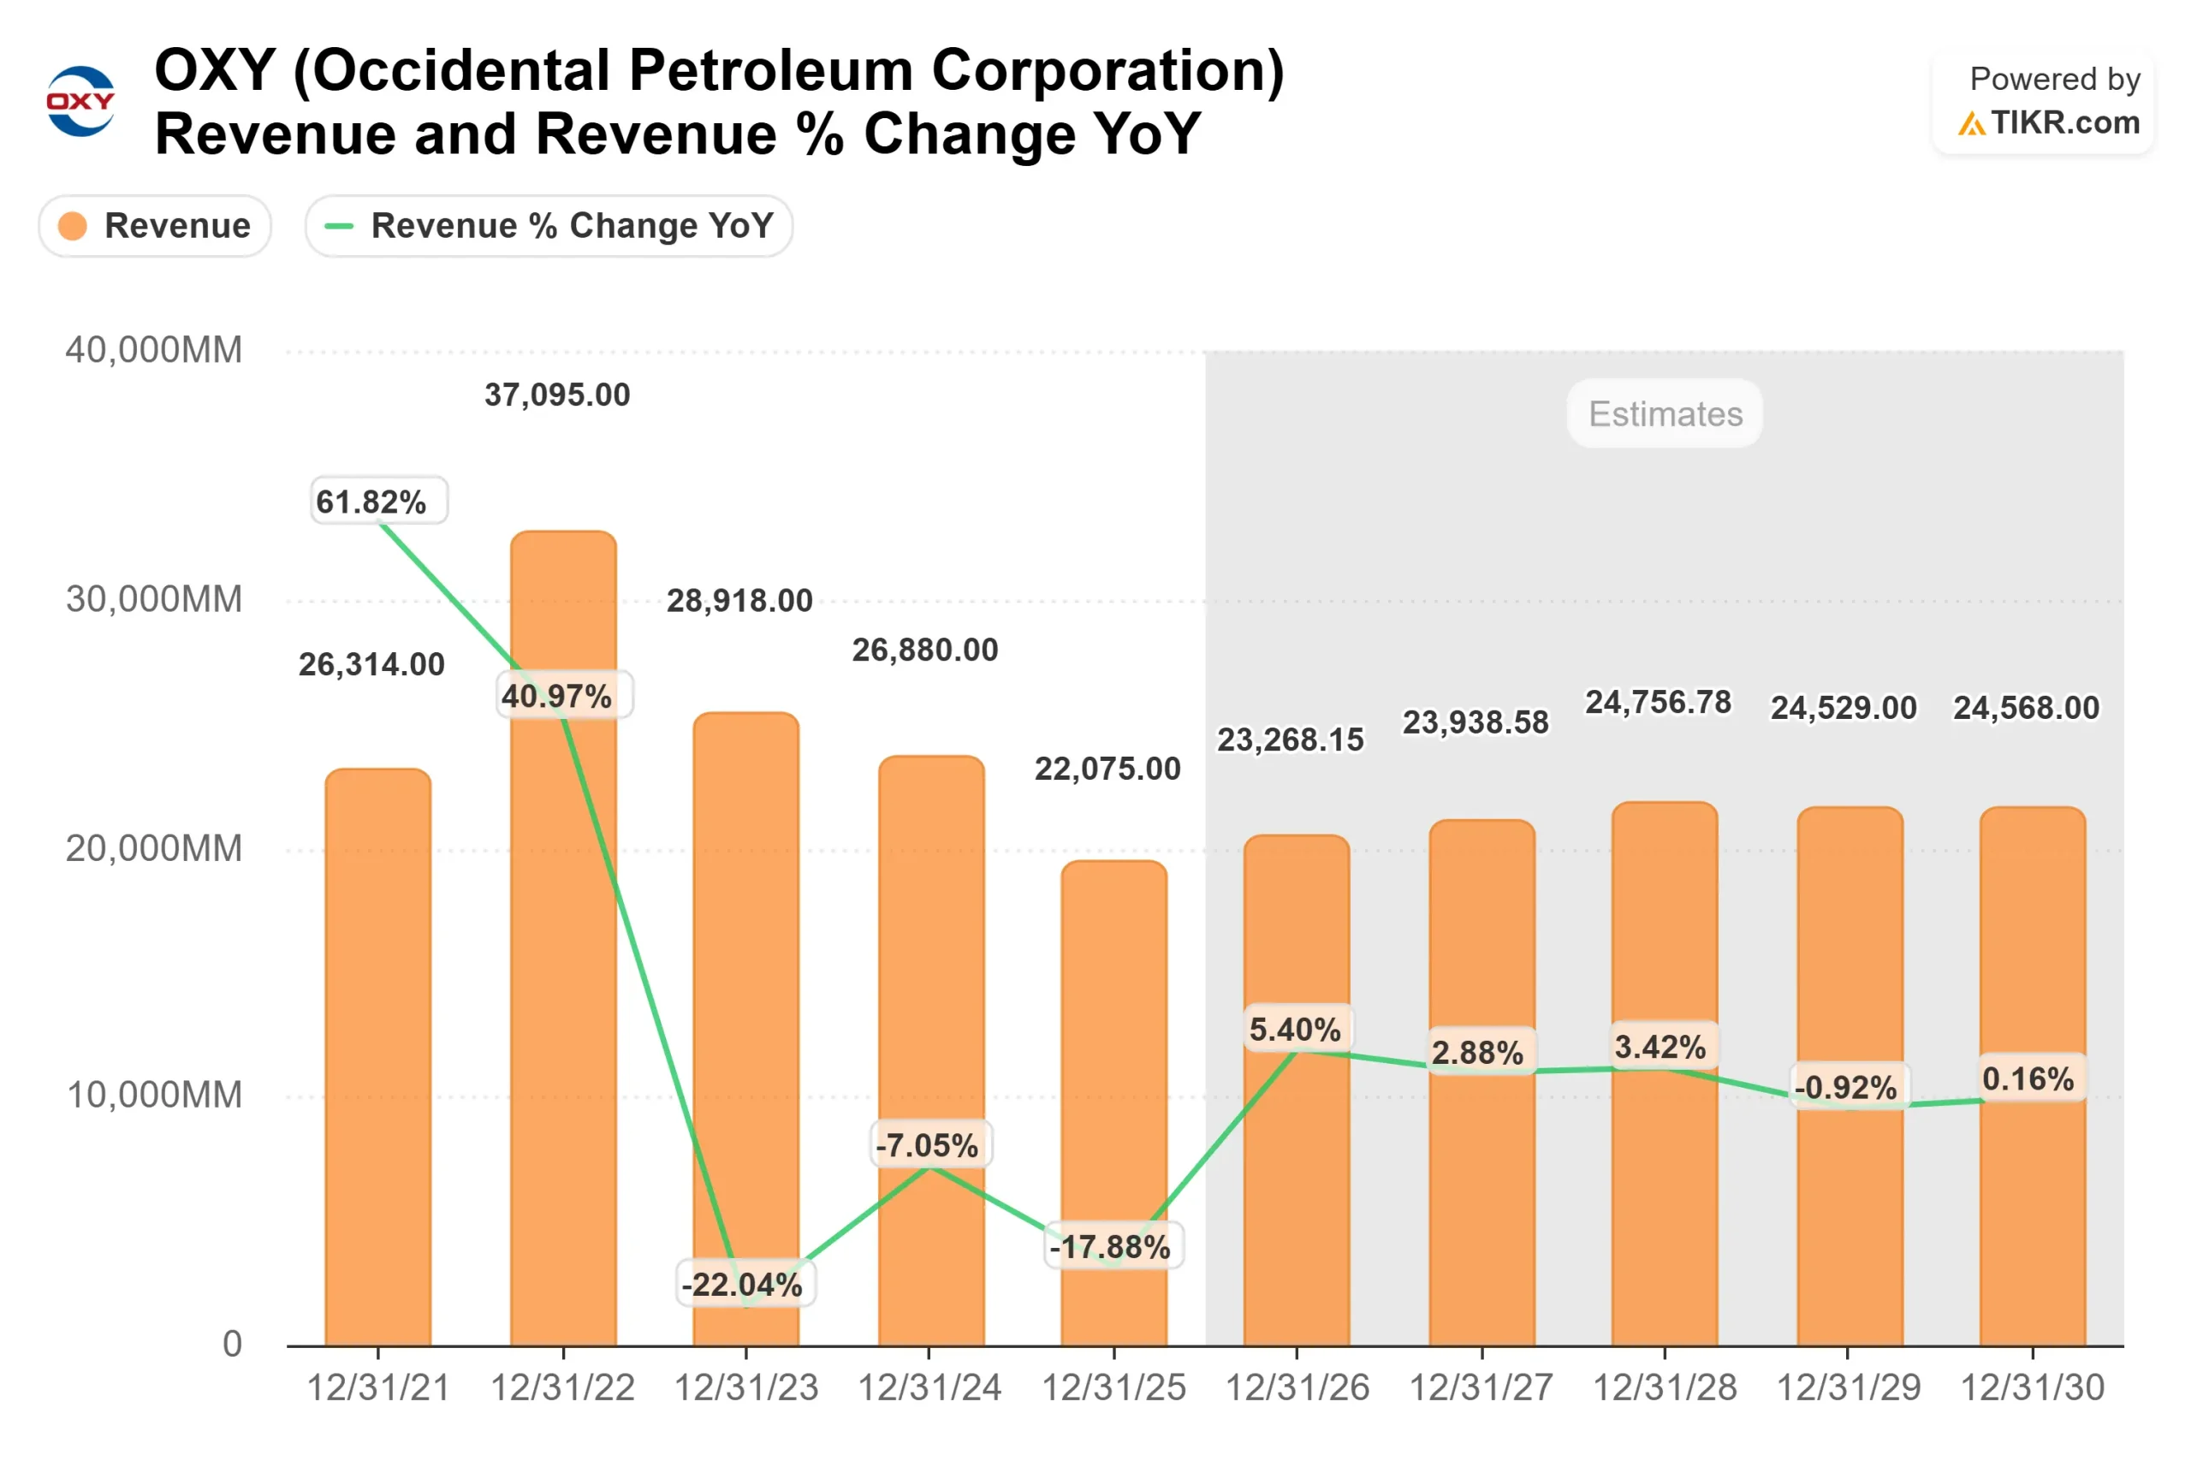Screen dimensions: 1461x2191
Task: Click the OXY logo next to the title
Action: (80, 101)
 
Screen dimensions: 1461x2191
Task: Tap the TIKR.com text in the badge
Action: (2064, 122)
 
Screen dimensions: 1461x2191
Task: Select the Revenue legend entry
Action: (155, 225)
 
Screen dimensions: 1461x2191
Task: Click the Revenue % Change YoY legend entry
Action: (549, 225)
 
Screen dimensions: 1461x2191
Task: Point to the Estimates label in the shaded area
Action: (1665, 413)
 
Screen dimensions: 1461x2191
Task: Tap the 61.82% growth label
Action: (371, 502)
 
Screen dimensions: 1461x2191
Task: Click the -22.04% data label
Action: (742, 1285)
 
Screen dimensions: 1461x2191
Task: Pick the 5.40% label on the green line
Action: (1296, 1030)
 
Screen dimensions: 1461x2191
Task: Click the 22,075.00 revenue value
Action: (1107, 769)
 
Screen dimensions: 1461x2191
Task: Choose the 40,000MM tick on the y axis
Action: (154, 350)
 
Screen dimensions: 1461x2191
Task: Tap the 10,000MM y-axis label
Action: (154, 1095)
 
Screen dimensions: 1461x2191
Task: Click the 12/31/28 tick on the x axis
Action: (1665, 1388)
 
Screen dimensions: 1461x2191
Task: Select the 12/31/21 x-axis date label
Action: (378, 1388)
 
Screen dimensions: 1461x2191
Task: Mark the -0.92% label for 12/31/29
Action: (1845, 1087)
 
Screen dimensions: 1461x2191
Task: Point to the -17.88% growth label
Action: (1110, 1247)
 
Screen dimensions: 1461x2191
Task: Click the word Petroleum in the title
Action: (771, 71)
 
